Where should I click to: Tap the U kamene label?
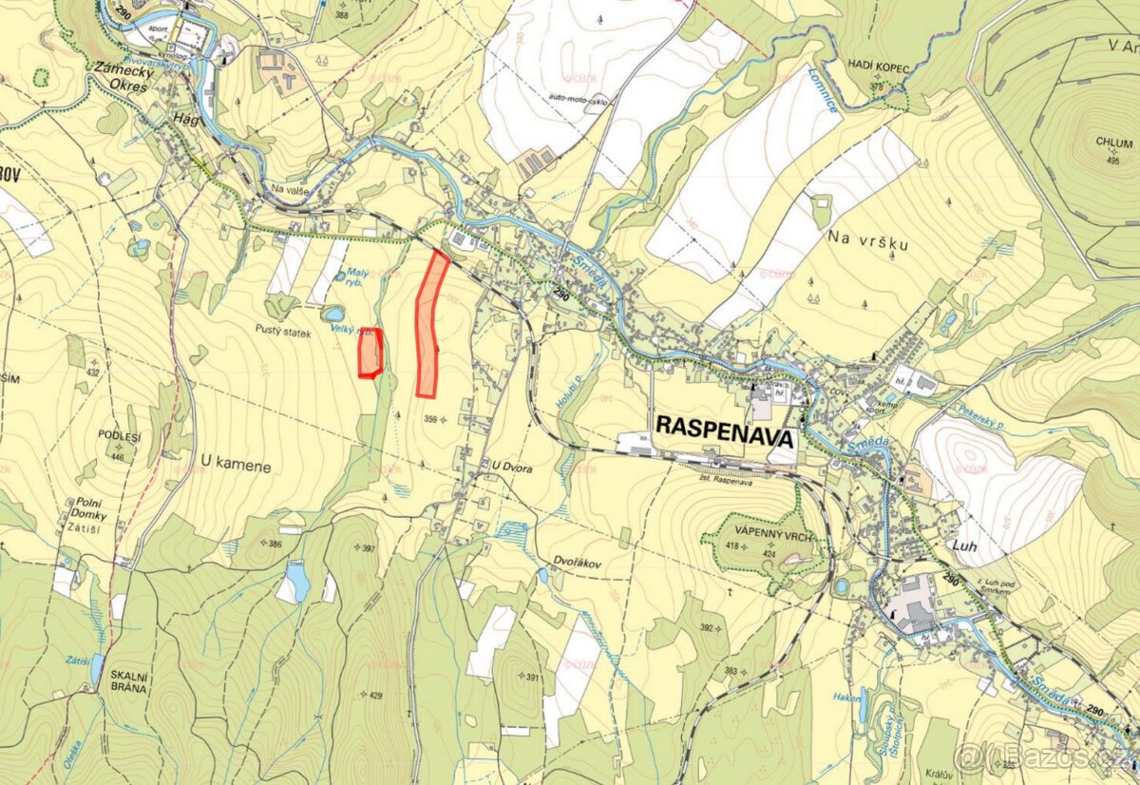[x=236, y=467]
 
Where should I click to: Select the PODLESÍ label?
[x=120, y=436]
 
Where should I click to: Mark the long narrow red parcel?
[x=429, y=323]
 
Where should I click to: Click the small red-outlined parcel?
[x=370, y=352]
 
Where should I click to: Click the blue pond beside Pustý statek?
[x=333, y=314]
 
